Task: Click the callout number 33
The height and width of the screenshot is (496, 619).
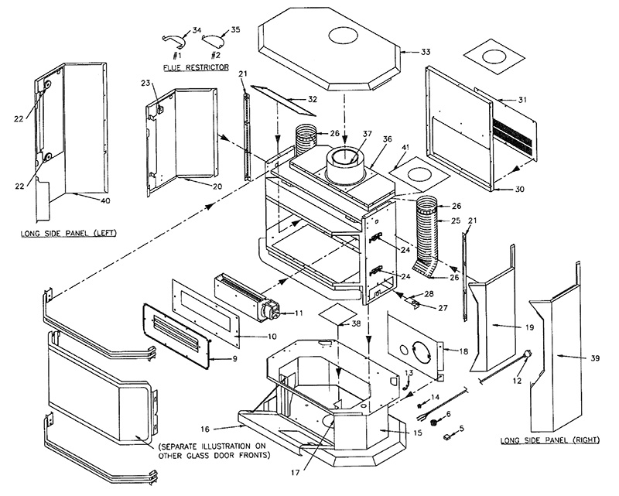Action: pyautogui.click(x=426, y=52)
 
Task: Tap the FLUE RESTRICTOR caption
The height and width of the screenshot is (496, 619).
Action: pyautogui.click(x=196, y=67)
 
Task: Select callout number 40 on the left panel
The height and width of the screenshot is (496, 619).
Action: pyautogui.click(x=105, y=200)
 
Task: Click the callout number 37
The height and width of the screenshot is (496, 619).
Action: pyautogui.click(x=367, y=135)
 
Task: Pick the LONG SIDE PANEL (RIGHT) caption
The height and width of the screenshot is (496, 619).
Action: pyautogui.click(x=549, y=440)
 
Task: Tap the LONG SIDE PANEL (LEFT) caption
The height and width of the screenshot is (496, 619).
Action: pyautogui.click(x=69, y=234)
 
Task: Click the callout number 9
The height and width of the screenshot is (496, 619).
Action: pyautogui.click(x=235, y=359)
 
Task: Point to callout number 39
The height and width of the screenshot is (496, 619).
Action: pyautogui.click(x=595, y=358)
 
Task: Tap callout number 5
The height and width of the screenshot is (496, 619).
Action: pyautogui.click(x=461, y=428)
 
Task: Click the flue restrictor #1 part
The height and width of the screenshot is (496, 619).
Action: pyautogui.click(x=173, y=39)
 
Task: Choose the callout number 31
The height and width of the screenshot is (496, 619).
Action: pyautogui.click(x=522, y=100)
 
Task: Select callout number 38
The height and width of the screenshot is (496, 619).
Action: pyautogui.click(x=356, y=323)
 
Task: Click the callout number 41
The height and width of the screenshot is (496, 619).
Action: pyautogui.click(x=405, y=148)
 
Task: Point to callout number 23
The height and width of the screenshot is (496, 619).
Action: pyautogui.click(x=145, y=83)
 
